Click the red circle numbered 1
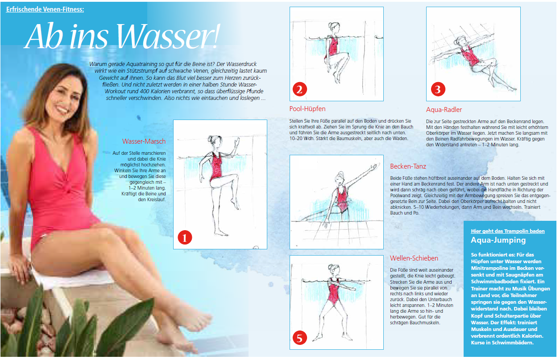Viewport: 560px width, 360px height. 185,237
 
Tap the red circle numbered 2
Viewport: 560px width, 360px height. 299,89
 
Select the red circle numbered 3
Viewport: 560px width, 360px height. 438,89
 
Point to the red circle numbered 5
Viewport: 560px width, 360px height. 299,338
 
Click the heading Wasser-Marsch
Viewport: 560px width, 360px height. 144,141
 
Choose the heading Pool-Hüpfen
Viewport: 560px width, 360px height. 307,109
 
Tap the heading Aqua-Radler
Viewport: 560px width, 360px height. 444,110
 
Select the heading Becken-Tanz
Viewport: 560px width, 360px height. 408,166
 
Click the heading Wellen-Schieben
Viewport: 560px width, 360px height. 414,258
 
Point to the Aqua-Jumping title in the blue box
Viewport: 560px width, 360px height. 498,240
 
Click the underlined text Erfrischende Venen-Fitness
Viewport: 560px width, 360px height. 45,9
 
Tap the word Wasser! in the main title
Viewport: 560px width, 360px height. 168,36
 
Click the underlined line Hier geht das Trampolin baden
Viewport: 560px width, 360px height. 508,231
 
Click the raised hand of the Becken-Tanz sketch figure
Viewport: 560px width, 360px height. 374,166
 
